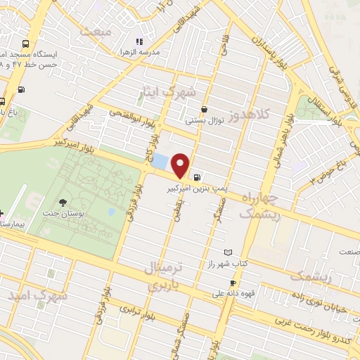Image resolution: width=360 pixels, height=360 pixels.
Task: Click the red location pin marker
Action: click(181, 165)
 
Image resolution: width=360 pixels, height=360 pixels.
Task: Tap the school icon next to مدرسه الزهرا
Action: click(139, 41)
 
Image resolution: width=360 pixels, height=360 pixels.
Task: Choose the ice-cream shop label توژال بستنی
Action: click(204, 120)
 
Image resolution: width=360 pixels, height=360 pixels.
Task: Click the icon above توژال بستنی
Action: click(204, 110)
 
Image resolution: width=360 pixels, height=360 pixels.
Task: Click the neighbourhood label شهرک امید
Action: click(39, 295)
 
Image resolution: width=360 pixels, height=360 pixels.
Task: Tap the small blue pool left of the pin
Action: click(161, 160)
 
